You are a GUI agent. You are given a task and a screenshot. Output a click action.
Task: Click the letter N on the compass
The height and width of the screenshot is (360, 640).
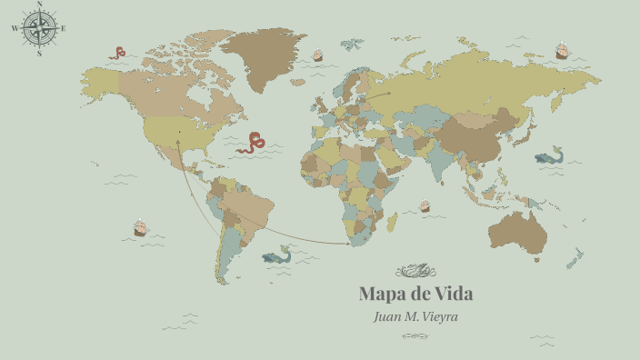pos(38,5)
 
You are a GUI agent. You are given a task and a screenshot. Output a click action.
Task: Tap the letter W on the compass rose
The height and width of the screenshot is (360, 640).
pos(15,28)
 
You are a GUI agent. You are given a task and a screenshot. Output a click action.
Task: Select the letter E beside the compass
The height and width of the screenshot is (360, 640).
pos(63,28)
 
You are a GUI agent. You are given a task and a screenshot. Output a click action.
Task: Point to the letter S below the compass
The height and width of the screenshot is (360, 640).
pos(39,53)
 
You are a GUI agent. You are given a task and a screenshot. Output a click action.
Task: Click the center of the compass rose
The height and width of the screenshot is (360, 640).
pos(38,28)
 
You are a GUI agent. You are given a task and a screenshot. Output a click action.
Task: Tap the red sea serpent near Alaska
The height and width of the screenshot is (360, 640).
pos(117,53)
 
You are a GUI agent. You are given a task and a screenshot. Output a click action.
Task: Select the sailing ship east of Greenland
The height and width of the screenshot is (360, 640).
pos(317,55)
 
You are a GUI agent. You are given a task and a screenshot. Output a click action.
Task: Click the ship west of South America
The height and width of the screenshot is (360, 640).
pos(140,226)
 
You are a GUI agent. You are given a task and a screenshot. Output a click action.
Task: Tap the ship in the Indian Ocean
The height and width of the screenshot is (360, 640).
pos(425,206)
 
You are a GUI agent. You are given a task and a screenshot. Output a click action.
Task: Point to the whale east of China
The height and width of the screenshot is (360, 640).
pos(550,157)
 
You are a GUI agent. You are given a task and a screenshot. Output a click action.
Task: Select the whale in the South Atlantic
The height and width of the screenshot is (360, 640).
pos(276,257)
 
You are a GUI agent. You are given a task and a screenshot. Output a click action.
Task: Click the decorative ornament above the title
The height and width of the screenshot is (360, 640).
pos(416,270)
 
